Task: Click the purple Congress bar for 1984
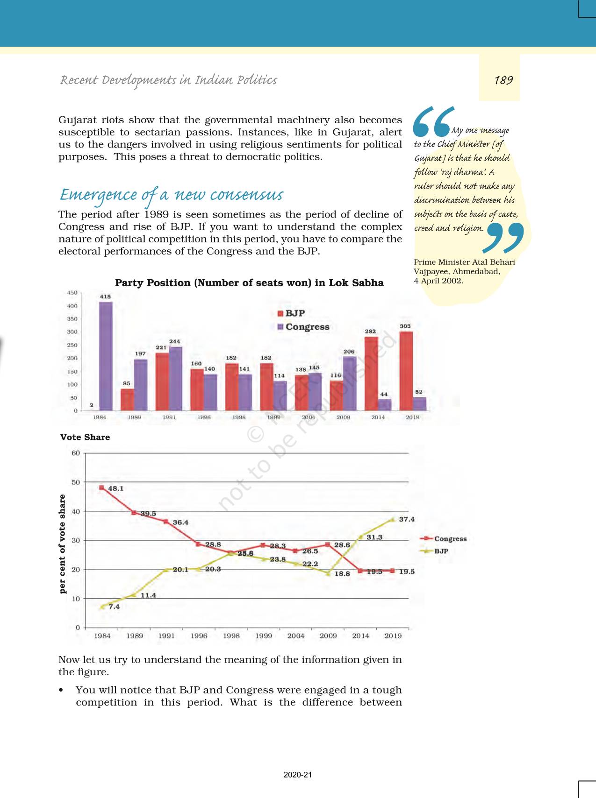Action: click(x=106, y=356)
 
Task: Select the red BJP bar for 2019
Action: click(x=406, y=371)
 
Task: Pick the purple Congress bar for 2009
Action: click(x=350, y=383)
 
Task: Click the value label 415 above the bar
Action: click(x=105, y=297)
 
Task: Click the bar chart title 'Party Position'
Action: click(x=249, y=283)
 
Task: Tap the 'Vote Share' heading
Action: click(x=85, y=437)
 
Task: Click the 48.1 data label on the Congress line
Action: click(x=115, y=488)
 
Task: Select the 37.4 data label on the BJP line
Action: click(x=406, y=519)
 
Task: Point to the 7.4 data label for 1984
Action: click(x=114, y=607)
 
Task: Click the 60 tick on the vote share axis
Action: click(x=76, y=453)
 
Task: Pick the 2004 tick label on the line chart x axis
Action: click(x=295, y=636)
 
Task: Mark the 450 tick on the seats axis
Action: click(x=72, y=293)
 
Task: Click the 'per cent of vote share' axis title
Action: click(x=63, y=544)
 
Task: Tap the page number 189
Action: click(x=503, y=80)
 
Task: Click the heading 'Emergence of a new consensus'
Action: click(x=171, y=195)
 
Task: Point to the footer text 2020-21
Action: click(x=297, y=775)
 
